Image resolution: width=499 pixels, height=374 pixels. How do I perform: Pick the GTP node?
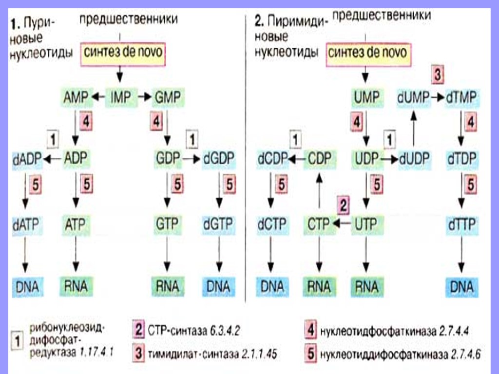pos(167,224)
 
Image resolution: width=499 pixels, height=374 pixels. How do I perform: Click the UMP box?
pos(366,97)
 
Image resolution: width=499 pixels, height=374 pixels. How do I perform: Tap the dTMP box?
pos(462,97)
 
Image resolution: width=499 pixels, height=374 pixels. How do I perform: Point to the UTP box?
pos(366,224)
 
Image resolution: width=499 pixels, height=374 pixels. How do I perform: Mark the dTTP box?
pos(462,224)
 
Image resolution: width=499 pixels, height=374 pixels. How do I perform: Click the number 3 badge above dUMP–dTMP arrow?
pos(438,75)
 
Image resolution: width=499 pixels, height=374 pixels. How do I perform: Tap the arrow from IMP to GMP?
pos(144,97)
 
